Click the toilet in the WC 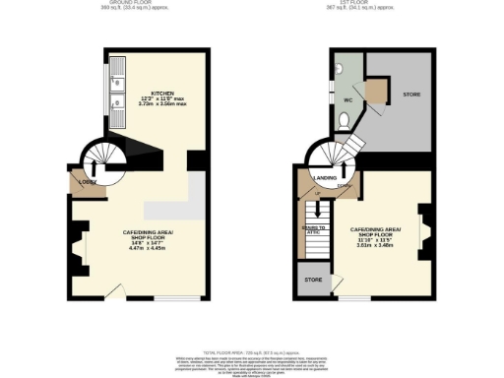[343, 120]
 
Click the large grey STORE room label [410, 94]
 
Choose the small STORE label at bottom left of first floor [313, 280]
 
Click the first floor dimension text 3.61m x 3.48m [375, 245]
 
